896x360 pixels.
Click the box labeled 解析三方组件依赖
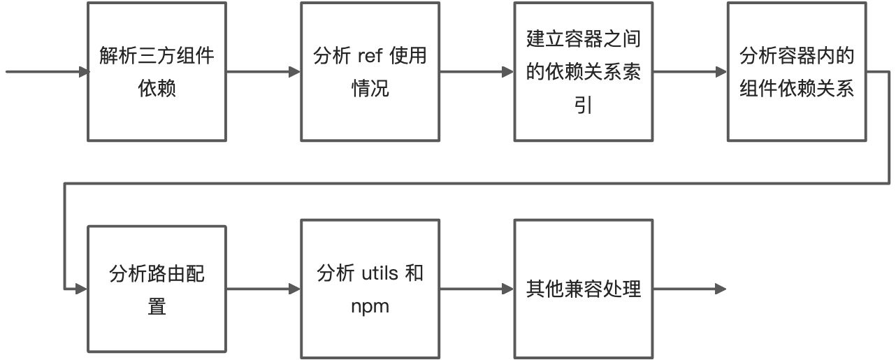click(157, 72)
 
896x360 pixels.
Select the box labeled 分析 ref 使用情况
click(370, 72)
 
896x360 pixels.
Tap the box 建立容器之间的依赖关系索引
click(583, 72)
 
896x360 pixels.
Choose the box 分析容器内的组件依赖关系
click(796, 72)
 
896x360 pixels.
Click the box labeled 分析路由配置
click(157, 289)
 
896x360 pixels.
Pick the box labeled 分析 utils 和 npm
click(370, 289)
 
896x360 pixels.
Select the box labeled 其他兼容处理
click(583, 289)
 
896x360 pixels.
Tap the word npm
click(370, 305)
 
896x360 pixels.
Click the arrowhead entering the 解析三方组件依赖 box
click(84, 72)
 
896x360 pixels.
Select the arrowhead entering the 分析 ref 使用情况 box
click(296, 72)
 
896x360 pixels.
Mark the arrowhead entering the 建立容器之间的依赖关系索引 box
click(510, 72)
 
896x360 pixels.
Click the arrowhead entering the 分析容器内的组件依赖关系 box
click(723, 72)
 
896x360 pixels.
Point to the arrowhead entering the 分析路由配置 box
click(84, 289)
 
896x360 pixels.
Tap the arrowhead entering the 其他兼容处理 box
click(510, 289)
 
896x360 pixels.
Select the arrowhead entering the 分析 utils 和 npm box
click(296, 289)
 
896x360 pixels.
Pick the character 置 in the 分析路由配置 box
click(157, 305)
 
